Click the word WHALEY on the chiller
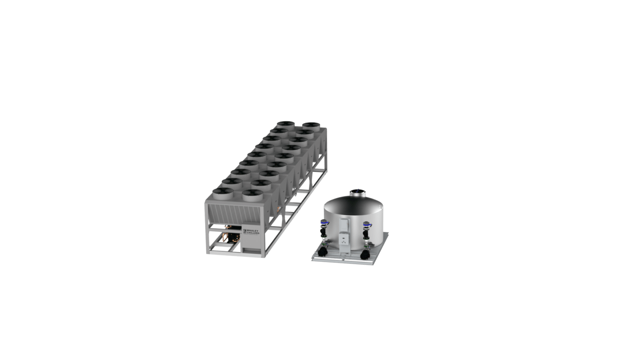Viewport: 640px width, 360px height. click(x=252, y=231)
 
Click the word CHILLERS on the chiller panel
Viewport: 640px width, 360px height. click(x=253, y=233)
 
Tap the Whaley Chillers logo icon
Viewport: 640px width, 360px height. click(x=244, y=232)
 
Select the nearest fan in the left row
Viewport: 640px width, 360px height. click(x=223, y=194)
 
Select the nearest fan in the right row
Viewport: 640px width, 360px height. click(x=253, y=196)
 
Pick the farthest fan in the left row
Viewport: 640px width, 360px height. click(x=286, y=125)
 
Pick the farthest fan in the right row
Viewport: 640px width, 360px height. click(x=311, y=126)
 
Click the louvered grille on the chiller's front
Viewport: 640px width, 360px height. click(x=234, y=214)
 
